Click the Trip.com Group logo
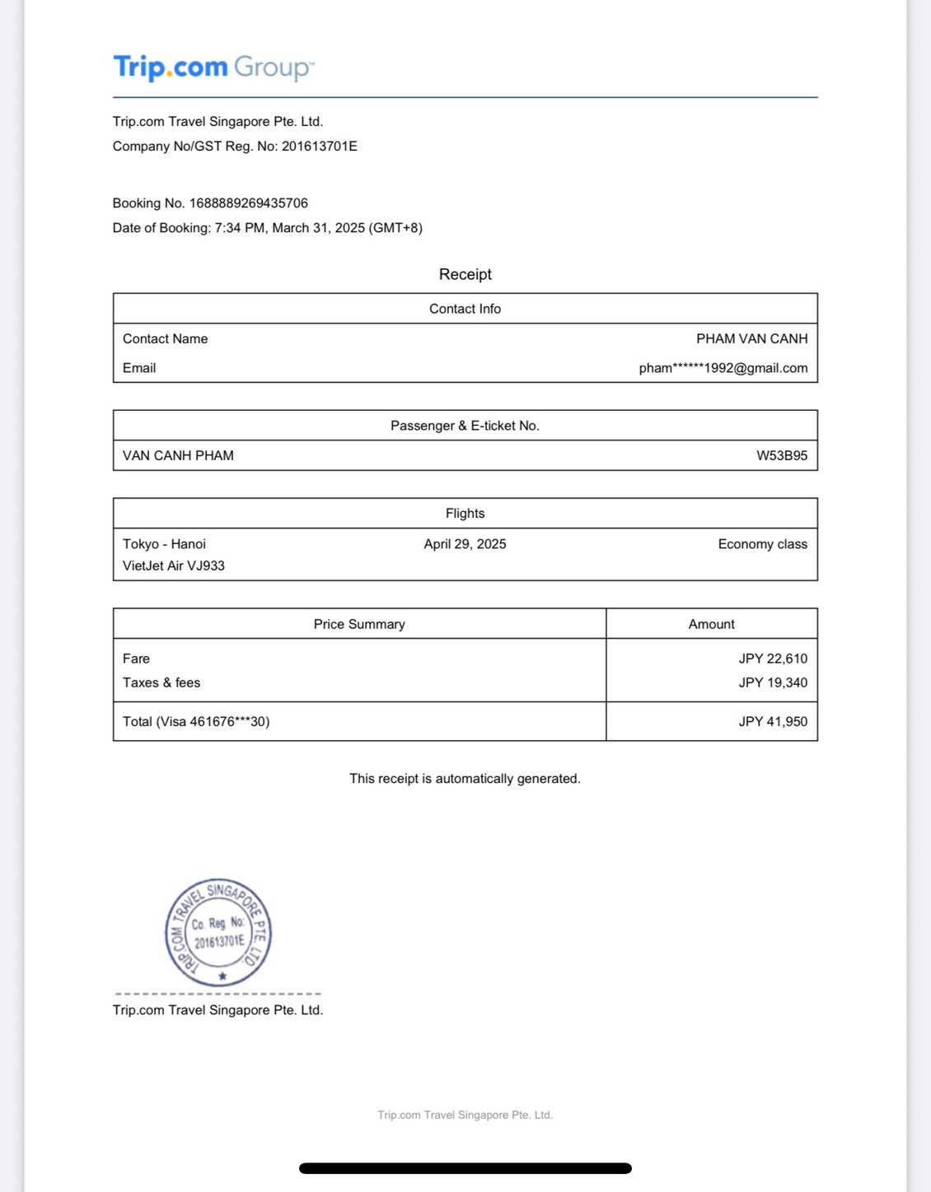point(213,67)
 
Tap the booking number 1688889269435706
point(248,203)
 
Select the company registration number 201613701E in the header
point(319,147)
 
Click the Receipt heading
point(465,274)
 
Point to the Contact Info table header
point(465,309)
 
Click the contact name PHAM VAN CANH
point(751,338)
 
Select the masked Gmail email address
point(723,368)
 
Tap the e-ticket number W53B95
point(781,455)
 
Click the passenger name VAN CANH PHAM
point(178,455)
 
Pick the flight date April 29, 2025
point(465,544)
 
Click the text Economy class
point(762,544)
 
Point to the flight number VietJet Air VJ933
point(174,566)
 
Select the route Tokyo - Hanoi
point(164,544)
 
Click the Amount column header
point(711,624)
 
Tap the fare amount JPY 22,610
point(772,659)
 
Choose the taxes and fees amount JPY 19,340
point(772,682)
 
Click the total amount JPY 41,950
point(772,721)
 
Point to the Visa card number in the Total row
point(229,721)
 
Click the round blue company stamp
point(218,932)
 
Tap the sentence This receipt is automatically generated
point(465,779)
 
